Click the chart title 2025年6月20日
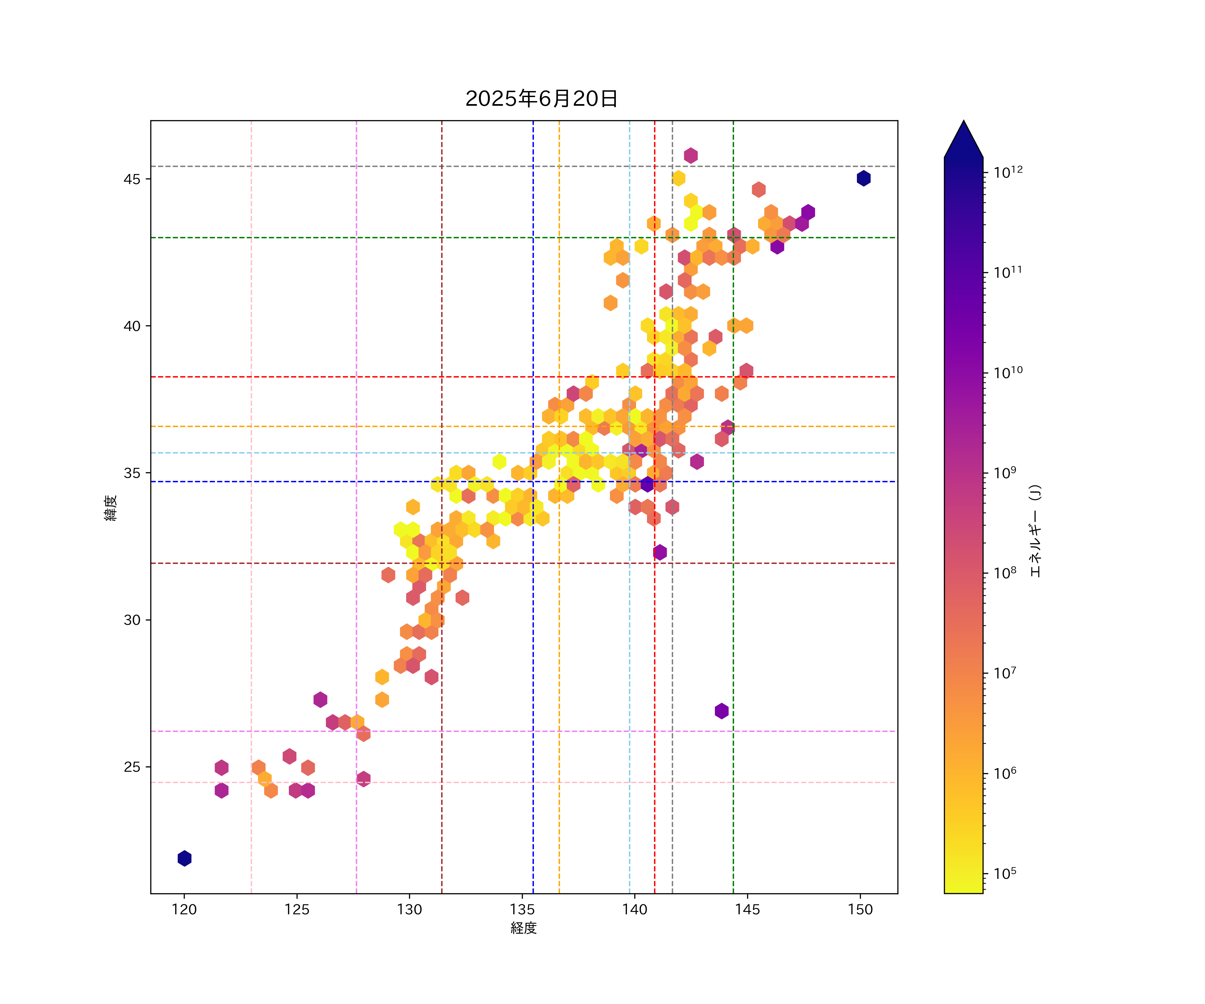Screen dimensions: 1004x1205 (x=541, y=99)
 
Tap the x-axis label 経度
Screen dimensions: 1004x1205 (x=523, y=928)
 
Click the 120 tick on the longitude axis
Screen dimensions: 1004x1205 (x=184, y=909)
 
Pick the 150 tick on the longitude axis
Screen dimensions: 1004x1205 (x=860, y=909)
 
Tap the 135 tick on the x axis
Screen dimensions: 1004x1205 (x=522, y=909)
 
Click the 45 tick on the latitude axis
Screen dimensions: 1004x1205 (x=132, y=179)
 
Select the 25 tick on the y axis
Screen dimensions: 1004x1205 (x=132, y=767)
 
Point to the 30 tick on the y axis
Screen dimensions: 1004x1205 (x=132, y=620)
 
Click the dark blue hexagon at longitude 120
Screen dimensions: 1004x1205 (x=184, y=858)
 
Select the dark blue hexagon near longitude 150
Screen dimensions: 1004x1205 (x=864, y=178)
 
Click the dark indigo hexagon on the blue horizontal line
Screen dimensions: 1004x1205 (x=647, y=484)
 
